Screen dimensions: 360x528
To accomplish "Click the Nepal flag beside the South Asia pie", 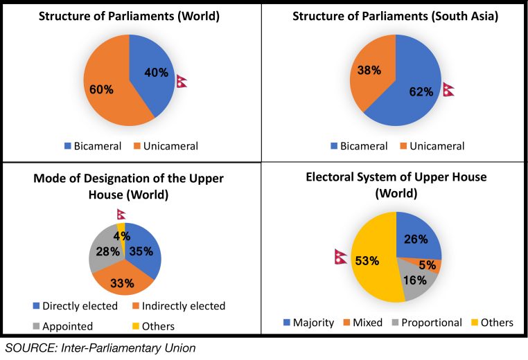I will [x=448, y=90].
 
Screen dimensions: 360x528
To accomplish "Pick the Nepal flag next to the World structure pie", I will [x=182, y=81].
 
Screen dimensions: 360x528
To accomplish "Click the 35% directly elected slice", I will [x=143, y=249].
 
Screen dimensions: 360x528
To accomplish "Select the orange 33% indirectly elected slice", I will [x=121, y=279].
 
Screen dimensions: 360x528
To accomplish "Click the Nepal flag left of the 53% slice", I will [x=340, y=257].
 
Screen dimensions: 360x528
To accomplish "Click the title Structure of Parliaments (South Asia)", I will [x=394, y=17].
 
